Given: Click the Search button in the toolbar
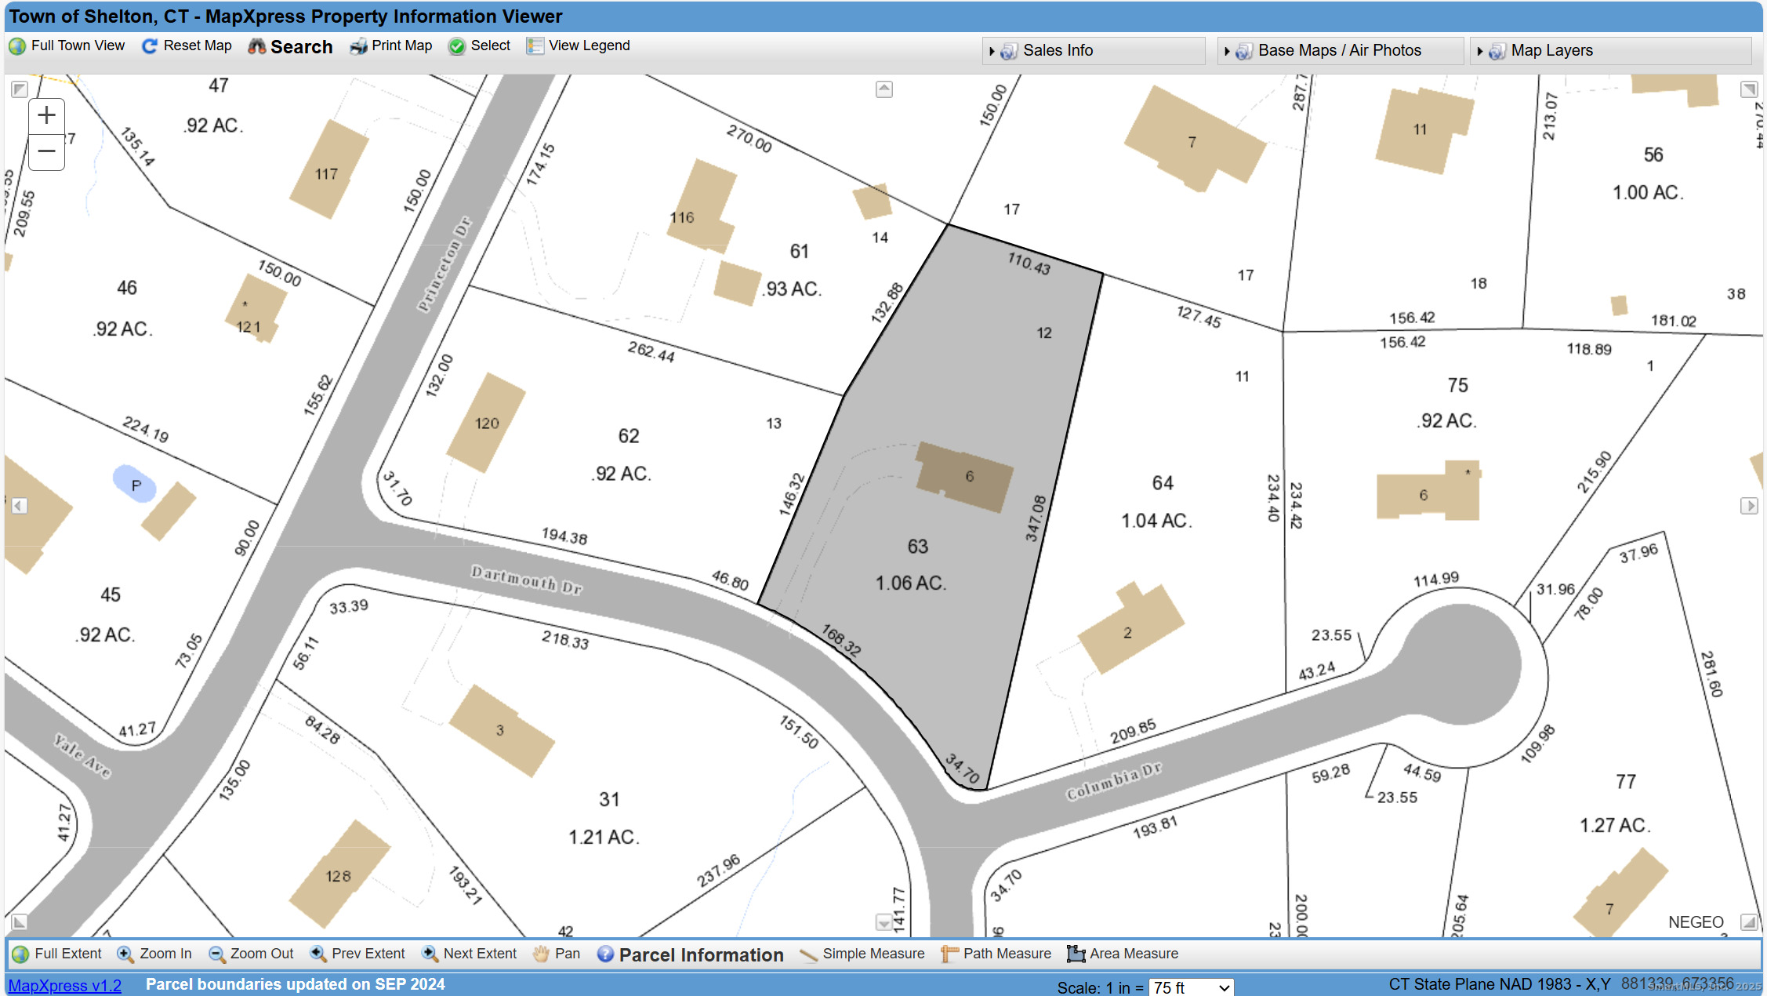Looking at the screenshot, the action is tap(291, 47).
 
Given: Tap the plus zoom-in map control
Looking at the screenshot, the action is tap(47, 115).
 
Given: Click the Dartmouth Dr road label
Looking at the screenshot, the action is tap(526, 580).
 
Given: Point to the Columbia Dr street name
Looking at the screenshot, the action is tap(1112, 781).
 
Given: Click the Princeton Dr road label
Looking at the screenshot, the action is tap(444, 264).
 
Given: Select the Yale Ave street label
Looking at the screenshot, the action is tap(82, 755).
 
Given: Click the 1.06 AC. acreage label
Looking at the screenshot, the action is tap(910, 583).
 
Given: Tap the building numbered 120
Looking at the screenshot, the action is tap(486, 423).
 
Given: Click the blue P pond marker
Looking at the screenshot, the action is tap(136, 485).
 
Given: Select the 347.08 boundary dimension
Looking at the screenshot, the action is tap(1036, 518).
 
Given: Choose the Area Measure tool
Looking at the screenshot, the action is tap(1123, 954).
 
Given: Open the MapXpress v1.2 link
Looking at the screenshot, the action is tap(65, 986).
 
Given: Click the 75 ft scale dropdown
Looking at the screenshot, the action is tap(1190, 987).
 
